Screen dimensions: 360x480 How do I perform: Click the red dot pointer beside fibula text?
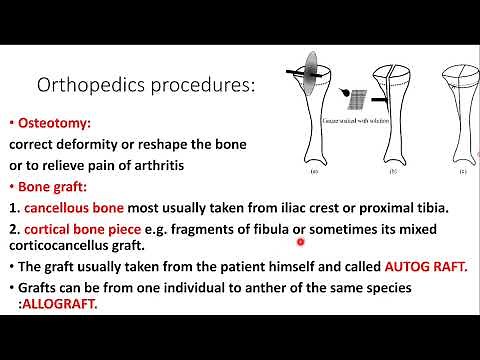300,240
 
